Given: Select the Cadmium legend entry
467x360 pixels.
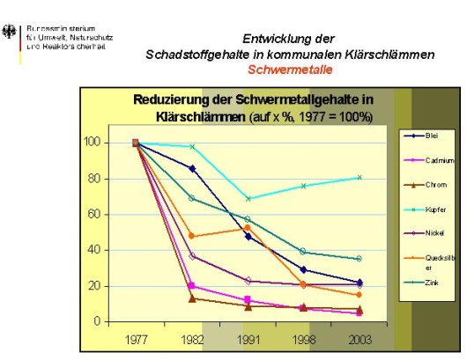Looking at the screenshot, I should pyautogui.click(x=433, y=160).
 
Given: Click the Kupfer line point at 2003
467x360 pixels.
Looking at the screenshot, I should pyautogui.click(x=359, y=177).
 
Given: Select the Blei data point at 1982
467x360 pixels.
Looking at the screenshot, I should pyautogui.click(x=192, y=168).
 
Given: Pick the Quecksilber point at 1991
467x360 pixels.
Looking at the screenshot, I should pyautogui.click(x=248, y=228).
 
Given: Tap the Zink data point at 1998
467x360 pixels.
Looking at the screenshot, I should pyautogui.click(x=303, y=252).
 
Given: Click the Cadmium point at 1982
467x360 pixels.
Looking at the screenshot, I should pyautogui.click(x=192, y=286).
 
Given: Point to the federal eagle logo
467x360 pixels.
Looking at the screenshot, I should pyautogui.click(x=11, y=33).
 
